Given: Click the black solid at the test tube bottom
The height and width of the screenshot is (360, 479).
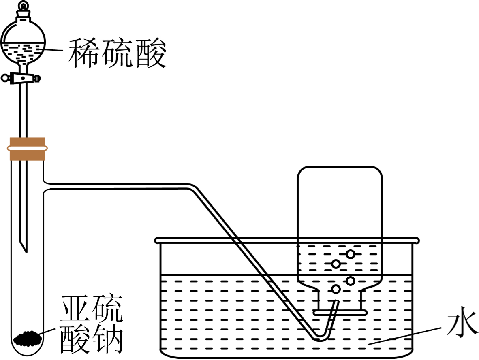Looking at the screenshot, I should pyautogui.click(x=28, y=337).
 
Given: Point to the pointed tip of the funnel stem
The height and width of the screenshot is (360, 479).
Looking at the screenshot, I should pyautogui.click(x=24, y=247).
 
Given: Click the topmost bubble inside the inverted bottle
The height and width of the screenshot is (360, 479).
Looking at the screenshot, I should pyautogui.click(x=351, y=254).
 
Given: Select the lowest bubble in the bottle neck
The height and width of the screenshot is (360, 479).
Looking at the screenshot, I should pyautogui.click(x=336, y=289).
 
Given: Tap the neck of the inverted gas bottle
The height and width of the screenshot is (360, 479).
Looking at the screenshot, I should pyautogui.click(x=340, y=300).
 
